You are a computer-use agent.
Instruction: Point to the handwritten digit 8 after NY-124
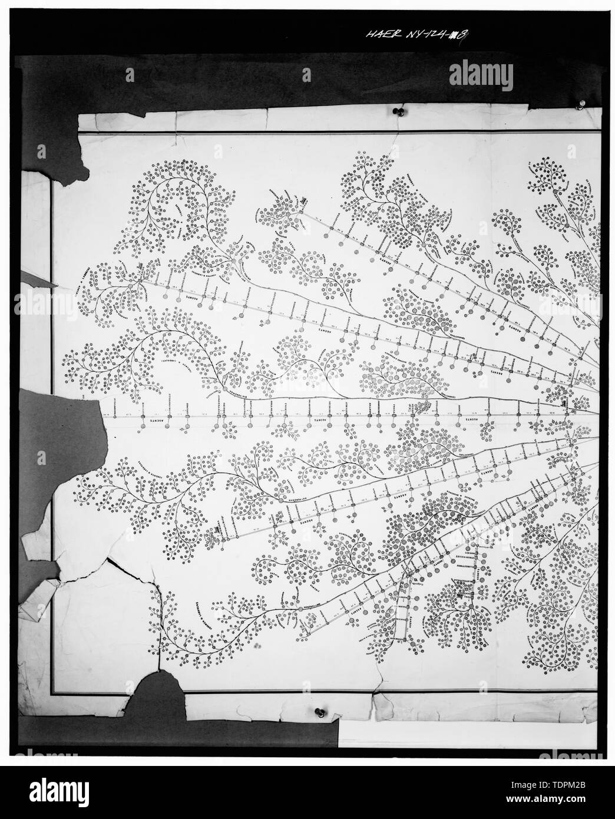click(464, 37)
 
